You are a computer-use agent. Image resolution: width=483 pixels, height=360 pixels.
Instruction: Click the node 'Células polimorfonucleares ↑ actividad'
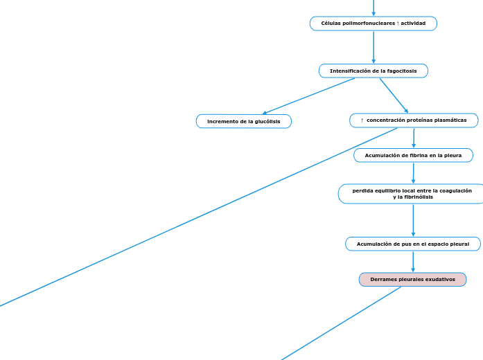coord(373,24)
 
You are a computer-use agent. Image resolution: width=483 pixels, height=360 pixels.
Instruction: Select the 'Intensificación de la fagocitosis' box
coord(373,71)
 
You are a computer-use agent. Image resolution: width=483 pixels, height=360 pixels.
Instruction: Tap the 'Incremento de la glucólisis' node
coord(244,121)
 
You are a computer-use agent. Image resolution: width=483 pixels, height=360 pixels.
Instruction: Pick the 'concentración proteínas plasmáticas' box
coord(414,120)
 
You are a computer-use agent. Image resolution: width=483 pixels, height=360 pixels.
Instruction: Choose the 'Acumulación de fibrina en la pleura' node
coord(413,155)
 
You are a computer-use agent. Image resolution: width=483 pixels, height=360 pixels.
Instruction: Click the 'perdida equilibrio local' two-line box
coord(412,194)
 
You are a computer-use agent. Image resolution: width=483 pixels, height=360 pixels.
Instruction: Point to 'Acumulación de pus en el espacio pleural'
coord(413,244)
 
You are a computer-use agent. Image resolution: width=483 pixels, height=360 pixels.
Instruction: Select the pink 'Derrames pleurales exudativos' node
coord(412,279)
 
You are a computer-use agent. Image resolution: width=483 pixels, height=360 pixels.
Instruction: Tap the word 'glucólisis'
coord(267,121)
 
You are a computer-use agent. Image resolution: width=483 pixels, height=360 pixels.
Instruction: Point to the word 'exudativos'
coord(439,279)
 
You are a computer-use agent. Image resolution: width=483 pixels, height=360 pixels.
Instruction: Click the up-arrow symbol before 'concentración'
coord(362,120)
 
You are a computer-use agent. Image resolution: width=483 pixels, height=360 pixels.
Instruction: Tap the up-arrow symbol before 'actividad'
coord(398,24)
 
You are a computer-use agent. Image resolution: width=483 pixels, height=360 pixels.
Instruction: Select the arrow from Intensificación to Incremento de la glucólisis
coord(308,96)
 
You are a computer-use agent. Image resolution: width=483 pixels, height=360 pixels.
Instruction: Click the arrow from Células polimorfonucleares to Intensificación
coord(374,47)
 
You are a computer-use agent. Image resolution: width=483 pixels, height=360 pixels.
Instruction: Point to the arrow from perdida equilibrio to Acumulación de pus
coord(413,220)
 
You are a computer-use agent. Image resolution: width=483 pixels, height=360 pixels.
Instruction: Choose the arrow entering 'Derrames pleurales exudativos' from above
coord(413,262)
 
